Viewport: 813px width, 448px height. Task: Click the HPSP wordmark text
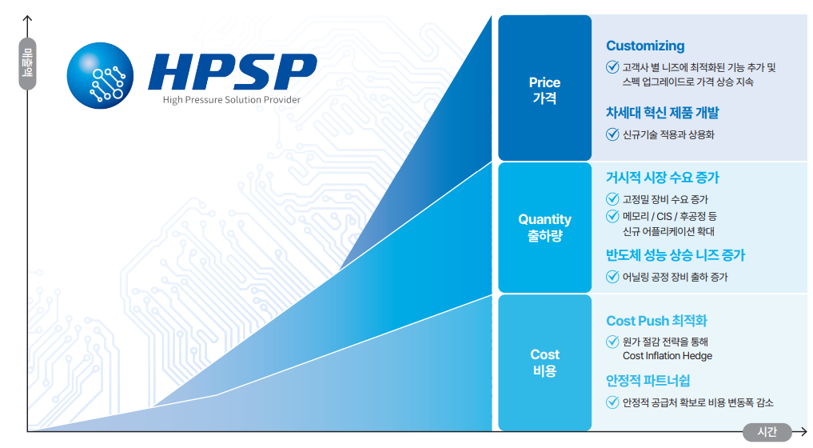coord(232,72)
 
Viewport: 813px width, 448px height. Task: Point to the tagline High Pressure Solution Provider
coord(231,100)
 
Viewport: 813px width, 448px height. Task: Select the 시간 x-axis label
coord(766,432)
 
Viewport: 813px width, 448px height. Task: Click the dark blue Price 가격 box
coord(544,90)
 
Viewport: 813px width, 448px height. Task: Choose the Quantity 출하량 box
coord(544,227)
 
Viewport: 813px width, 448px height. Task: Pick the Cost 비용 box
coord(544,362)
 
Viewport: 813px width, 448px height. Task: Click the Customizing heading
coord(645,46)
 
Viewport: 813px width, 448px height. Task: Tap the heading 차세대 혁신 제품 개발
coord(662,113)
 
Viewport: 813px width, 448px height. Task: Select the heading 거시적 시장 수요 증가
coord(663,178)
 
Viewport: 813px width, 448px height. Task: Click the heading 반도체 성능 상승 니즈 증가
coord(676,255)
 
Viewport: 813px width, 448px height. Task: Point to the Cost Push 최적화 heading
coord(656,321)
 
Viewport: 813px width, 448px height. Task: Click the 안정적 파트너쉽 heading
coord(648,380)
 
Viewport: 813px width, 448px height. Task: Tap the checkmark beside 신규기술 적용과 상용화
coord(613,134)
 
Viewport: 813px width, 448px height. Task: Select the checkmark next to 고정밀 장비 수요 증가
coord(613,199)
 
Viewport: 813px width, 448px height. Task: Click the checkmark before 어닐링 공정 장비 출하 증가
coord(613,277)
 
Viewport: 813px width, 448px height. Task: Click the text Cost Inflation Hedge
coord(667,356)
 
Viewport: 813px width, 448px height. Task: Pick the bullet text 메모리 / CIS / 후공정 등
coord(670,217)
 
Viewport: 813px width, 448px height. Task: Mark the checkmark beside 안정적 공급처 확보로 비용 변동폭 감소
coord(613,402)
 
